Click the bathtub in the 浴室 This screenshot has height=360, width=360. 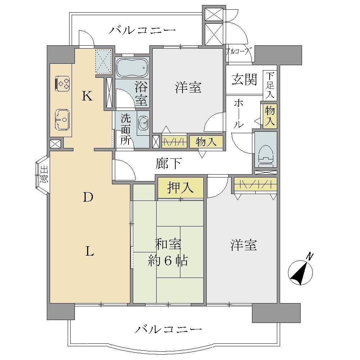132,68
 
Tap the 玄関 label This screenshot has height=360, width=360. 244,80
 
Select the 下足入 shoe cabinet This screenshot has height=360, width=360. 270,85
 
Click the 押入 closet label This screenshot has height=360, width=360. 180,188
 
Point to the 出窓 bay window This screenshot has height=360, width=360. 43,175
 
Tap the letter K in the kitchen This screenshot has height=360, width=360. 87,96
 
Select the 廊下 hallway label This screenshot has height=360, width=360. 168,163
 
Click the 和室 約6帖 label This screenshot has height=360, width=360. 168,252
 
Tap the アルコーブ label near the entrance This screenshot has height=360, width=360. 238,51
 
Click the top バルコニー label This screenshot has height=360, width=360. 142,30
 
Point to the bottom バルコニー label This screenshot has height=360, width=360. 168,329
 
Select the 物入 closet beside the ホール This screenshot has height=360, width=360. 270,116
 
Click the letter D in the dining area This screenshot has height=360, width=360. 88,197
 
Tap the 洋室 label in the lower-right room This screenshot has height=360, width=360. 244,245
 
